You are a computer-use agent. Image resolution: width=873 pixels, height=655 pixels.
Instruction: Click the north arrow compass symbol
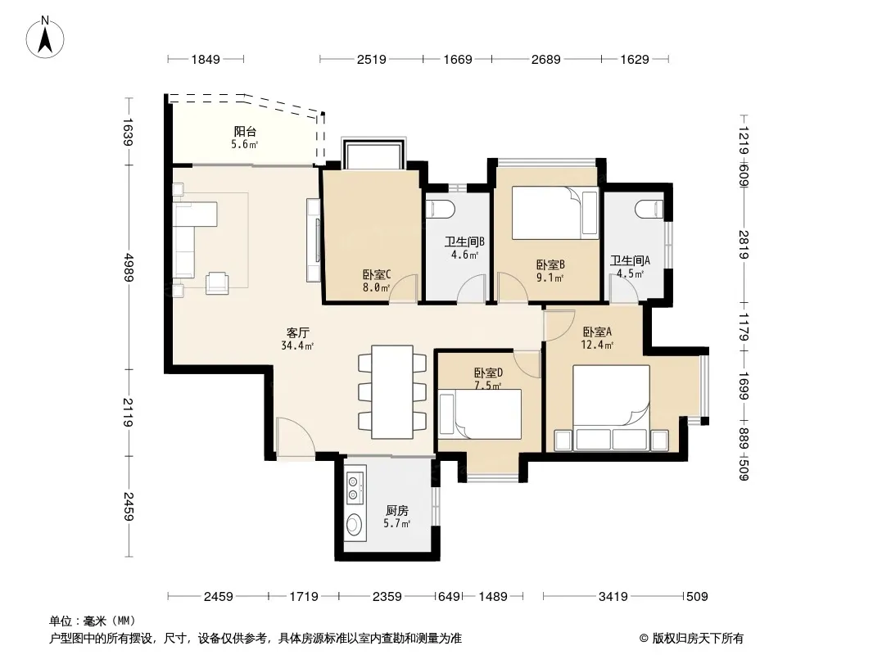45,37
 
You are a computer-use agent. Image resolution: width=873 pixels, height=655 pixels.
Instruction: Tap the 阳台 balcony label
245,131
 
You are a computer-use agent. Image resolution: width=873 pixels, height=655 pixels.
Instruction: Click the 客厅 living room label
297,332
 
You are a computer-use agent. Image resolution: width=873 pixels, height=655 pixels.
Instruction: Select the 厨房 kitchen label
397,510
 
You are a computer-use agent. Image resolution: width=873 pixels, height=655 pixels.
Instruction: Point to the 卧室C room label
377,274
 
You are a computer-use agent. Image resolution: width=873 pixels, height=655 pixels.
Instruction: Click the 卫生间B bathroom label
464,242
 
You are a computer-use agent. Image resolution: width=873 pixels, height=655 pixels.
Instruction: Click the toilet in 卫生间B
441,210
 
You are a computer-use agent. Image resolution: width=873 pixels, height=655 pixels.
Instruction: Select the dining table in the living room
392,392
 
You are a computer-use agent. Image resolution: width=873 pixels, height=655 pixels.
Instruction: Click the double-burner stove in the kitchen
354,487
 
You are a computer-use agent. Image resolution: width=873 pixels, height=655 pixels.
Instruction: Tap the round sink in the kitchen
354,524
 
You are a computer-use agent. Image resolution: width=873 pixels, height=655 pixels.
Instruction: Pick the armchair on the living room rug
216,283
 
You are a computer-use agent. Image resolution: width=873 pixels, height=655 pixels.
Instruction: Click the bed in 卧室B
555,213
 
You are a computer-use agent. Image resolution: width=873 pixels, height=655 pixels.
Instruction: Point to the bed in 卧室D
480,414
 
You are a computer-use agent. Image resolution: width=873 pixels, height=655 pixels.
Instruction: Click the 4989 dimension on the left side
129,268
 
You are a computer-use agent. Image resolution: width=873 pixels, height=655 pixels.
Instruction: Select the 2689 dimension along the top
545,59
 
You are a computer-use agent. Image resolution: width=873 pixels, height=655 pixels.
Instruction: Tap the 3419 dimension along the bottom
613,597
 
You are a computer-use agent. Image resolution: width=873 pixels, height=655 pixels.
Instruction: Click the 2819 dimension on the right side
744,245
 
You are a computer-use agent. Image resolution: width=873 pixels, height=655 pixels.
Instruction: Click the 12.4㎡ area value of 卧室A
597,345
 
